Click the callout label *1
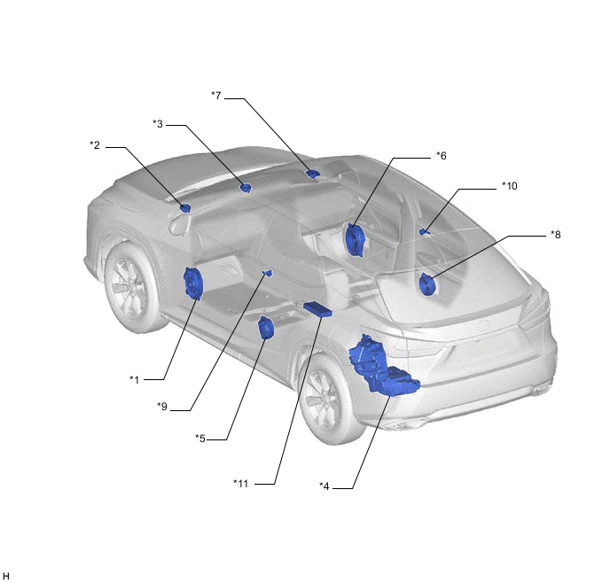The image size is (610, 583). pos(134,379)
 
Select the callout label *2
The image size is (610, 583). pos(95,145)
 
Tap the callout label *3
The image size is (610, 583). pos(158,124)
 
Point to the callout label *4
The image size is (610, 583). pos(325,486)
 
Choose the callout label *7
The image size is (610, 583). pos(216,95)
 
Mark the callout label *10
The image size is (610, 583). pos(510,186)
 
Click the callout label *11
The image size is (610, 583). pos(241,483)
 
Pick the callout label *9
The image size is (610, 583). pos(162,406)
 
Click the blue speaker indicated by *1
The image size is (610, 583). pos(193,284)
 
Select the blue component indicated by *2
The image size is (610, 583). pos(185,208)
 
